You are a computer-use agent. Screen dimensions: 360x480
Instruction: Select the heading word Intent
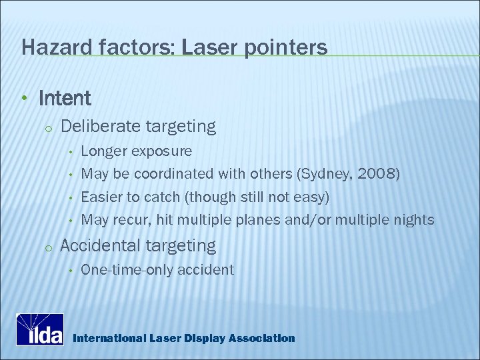(x=65, y=99)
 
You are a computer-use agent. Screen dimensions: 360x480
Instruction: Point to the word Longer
(x=103, y=151)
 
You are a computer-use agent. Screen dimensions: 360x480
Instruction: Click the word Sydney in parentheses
(x=327, y=174)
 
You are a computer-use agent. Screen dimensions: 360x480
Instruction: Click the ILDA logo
(x=40, y=329)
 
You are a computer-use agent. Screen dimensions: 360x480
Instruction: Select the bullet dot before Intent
(x=24, y=99)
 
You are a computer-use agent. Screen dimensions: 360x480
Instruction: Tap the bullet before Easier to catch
(x=69, y=197)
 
